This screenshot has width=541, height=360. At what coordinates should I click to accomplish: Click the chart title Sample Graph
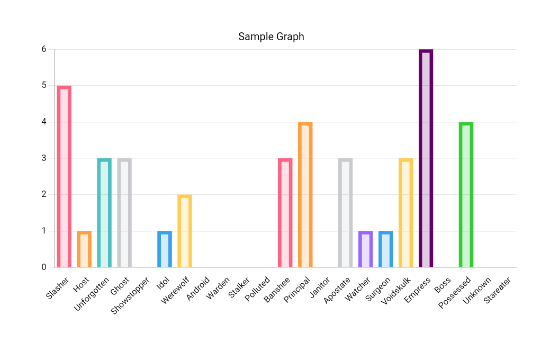(x=271, y=37)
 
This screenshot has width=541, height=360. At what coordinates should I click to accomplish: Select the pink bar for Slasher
(x=64, y=176)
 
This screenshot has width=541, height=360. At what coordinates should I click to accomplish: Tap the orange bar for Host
(x=84, y=249)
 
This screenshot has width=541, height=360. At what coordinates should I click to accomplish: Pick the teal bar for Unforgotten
(x=104, y=213)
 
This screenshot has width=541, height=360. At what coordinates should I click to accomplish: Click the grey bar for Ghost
(x=124, y=213)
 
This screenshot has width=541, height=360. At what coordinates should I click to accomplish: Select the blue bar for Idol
(x=165, y=249)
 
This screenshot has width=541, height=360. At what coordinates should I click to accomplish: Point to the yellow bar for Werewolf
(x=185, y=231)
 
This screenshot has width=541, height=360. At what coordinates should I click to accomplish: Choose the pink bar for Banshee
(x=285, y=213)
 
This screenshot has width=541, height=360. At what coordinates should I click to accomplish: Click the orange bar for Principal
(x=305, y=195)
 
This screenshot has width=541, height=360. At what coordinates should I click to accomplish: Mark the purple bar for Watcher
(x=366, y=249)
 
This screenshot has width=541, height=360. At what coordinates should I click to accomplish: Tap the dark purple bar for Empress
(x=426, y=158)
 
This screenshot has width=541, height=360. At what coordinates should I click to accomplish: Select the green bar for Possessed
(x=466, y=195)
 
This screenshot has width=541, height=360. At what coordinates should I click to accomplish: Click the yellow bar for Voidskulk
(x=406, y=213)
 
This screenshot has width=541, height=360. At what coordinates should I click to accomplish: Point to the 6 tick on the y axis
(x=44, y=49)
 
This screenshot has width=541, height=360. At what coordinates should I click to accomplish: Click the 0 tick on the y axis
(x=44, y=267)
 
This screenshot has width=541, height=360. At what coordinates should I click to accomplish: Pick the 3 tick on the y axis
(x=44, y=158)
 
